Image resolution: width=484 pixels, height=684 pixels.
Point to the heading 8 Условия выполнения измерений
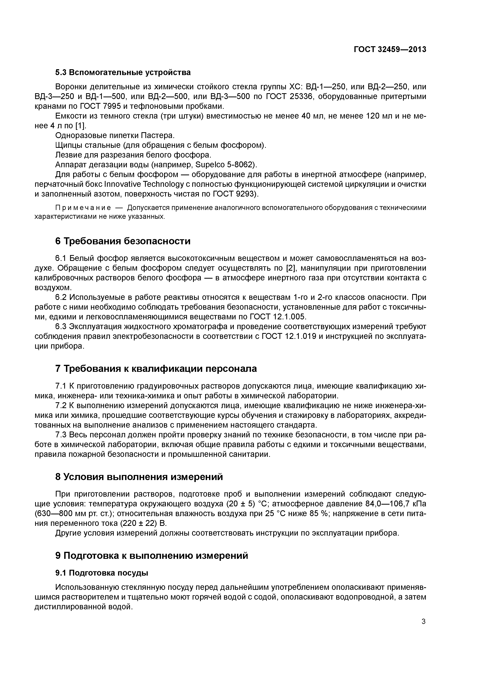139,477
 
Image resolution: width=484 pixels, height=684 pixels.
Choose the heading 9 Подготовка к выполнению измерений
151,556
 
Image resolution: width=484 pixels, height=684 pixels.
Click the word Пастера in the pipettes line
157,136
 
